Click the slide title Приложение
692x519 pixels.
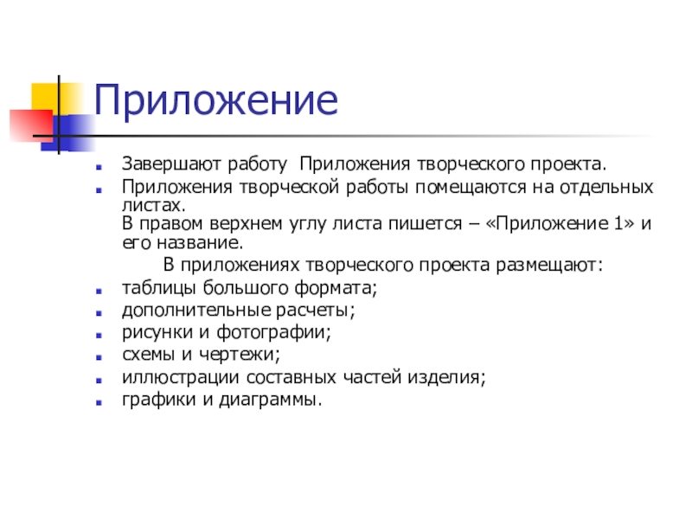pos(216,100)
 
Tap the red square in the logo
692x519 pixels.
pos(32,125)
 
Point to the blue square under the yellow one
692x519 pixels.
pos(68,133)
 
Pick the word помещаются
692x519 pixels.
pos(471,187)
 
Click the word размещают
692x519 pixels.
pos(549,266)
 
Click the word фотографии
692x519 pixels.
pos(273,332)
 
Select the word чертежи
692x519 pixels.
pos(240,355)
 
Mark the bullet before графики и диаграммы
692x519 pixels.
pos(99,402)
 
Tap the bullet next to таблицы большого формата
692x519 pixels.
pos(99,291)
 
